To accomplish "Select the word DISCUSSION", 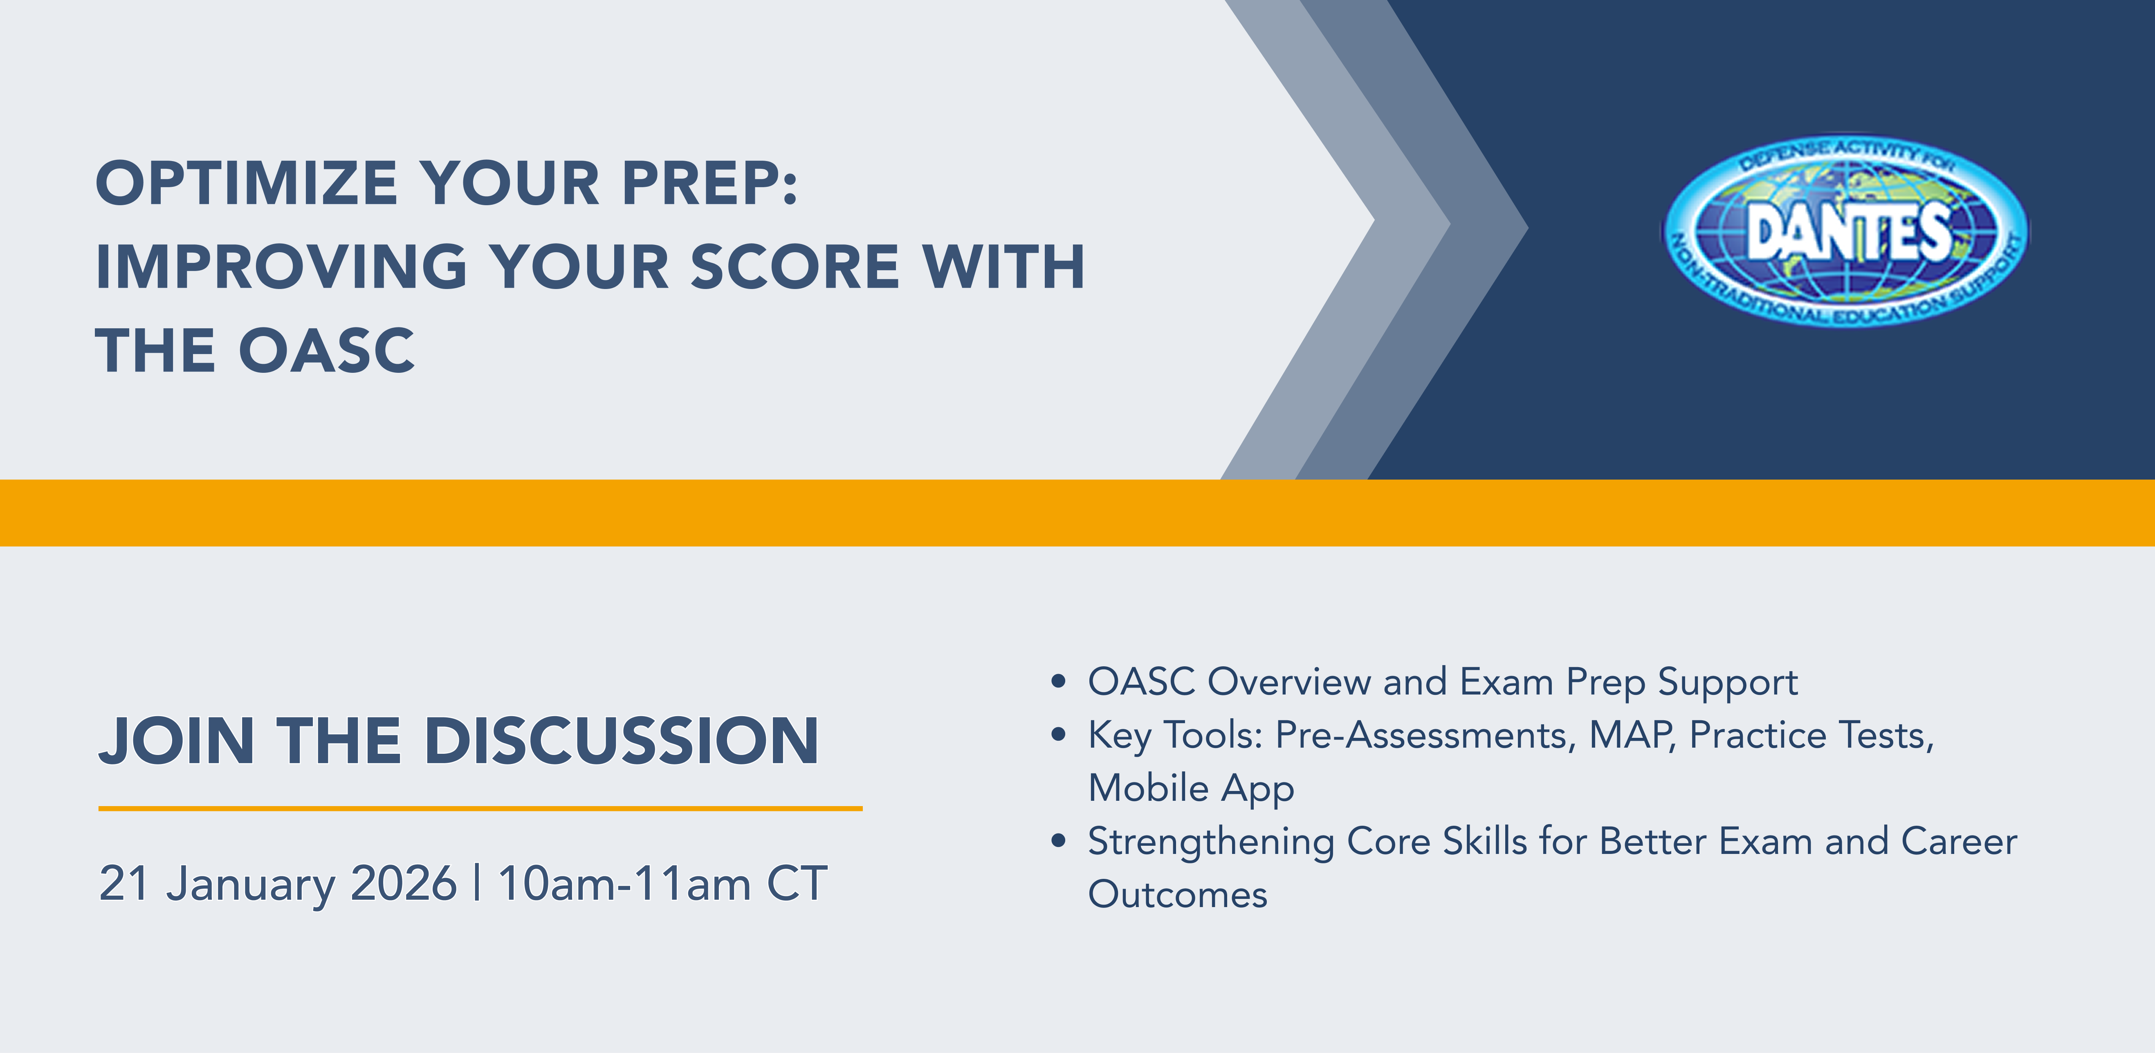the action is (622, 741).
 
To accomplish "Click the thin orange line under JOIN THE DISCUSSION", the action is (480, 808).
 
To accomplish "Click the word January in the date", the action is (251, 885).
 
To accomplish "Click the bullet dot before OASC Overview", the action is (1058, 682).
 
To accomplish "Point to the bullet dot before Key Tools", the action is (1058, 735).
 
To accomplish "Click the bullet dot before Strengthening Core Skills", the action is (1058, 841).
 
